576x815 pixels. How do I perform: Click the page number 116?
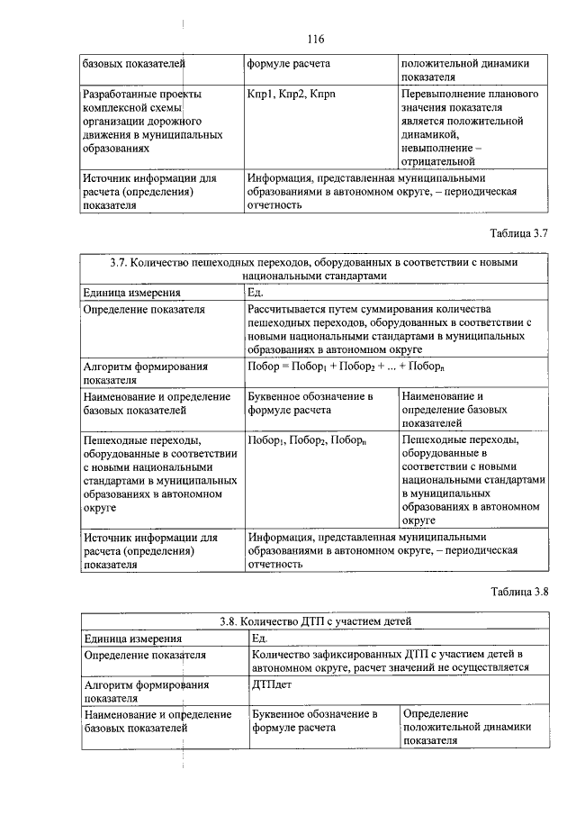tap(314, 39)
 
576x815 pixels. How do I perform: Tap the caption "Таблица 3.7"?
tap(518, 233)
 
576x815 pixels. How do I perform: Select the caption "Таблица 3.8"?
tap(518, 592)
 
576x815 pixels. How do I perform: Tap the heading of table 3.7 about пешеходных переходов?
tap(313, 269)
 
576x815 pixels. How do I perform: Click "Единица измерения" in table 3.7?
tap(131, 293)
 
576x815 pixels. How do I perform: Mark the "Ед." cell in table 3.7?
tap(256, 293)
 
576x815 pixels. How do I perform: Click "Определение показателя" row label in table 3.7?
tap(144, 309)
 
